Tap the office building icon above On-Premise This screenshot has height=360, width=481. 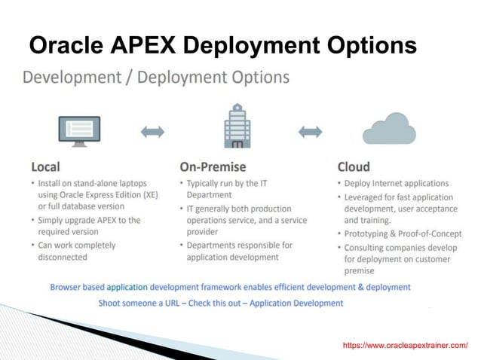(x=237, y=126)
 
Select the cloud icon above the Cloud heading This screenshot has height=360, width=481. (x=388, y=128)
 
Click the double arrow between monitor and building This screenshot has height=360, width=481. (x=153, y=132)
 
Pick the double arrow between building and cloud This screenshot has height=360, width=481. (x=311, y=132)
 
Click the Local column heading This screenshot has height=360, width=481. (x=46, y=166)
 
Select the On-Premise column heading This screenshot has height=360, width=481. (x=213, y=166)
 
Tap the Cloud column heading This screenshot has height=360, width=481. (x=354, y=166)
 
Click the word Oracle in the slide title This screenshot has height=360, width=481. (x=66, y=46)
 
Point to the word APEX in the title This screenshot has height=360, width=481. (x=143, y=46)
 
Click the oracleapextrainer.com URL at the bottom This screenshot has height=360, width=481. (x=405, y=345)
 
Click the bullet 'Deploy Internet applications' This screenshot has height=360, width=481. (x=396, y=183)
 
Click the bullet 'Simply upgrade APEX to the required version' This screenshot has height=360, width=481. (x=88, y=226)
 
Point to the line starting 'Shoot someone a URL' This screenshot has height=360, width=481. (x=220, y=303)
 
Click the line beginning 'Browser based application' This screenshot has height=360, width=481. (x=230, y=287)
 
